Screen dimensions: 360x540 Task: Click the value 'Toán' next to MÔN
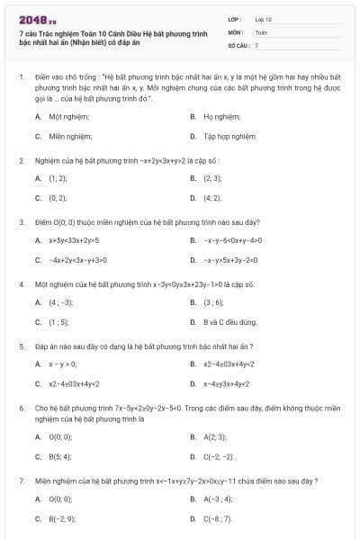point(262,31)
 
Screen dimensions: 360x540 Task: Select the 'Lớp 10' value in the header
point(265,18)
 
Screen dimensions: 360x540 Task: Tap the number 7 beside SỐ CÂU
point(256,44)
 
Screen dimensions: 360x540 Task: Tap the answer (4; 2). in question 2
point(212,198)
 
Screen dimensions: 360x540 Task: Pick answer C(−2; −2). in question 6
point(219,456)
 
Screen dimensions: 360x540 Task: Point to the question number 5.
point(22,346)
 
